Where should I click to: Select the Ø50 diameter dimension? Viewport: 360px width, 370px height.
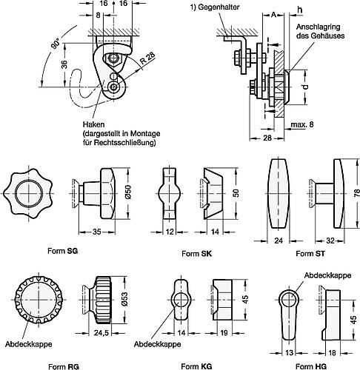pyautogui.click(x=127, y=194)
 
